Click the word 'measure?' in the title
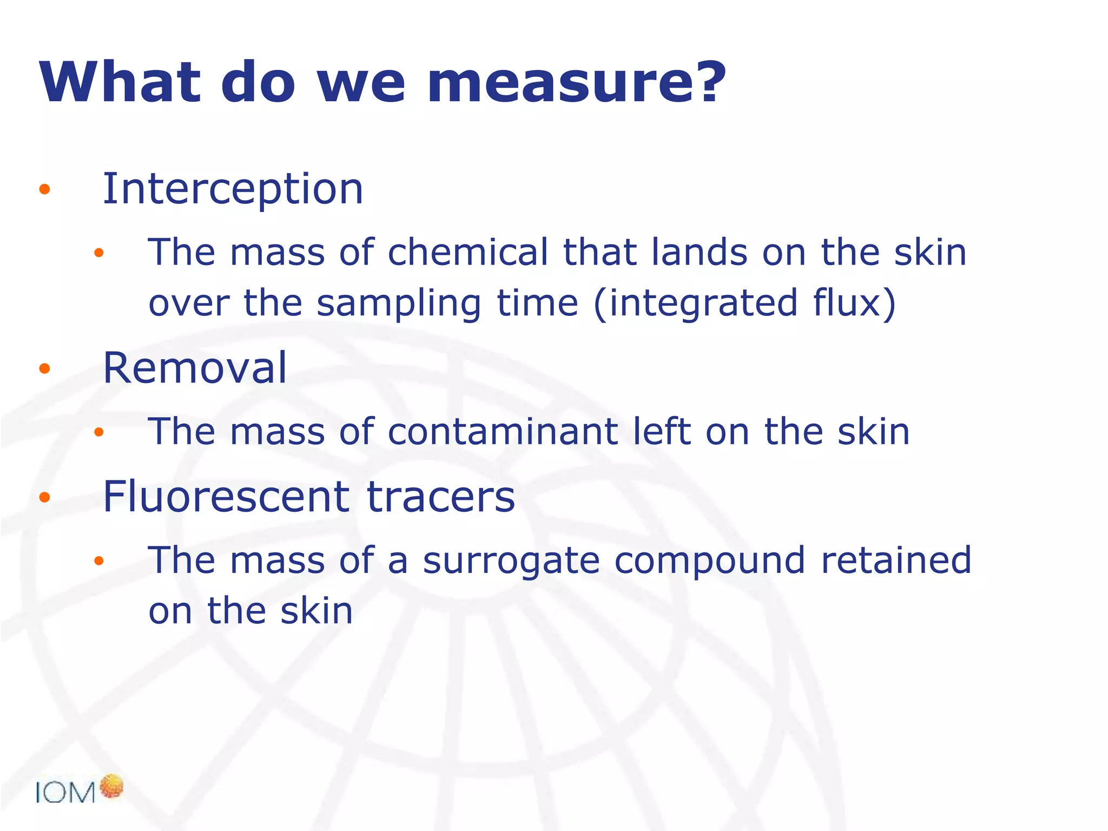pos(576,83)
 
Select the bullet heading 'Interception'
pos(233,189)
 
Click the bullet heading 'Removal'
pos(195,368)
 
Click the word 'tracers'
pos(441,497)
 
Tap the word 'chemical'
pos(468,252)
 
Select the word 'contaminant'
pos(503,432)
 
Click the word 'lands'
pos(700,252)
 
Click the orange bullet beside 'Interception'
pos(45,189)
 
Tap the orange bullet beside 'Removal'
pos(45,369)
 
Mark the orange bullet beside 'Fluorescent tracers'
pos(45,497)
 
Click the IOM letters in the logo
pos(65,793)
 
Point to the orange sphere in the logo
pos(112,786)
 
